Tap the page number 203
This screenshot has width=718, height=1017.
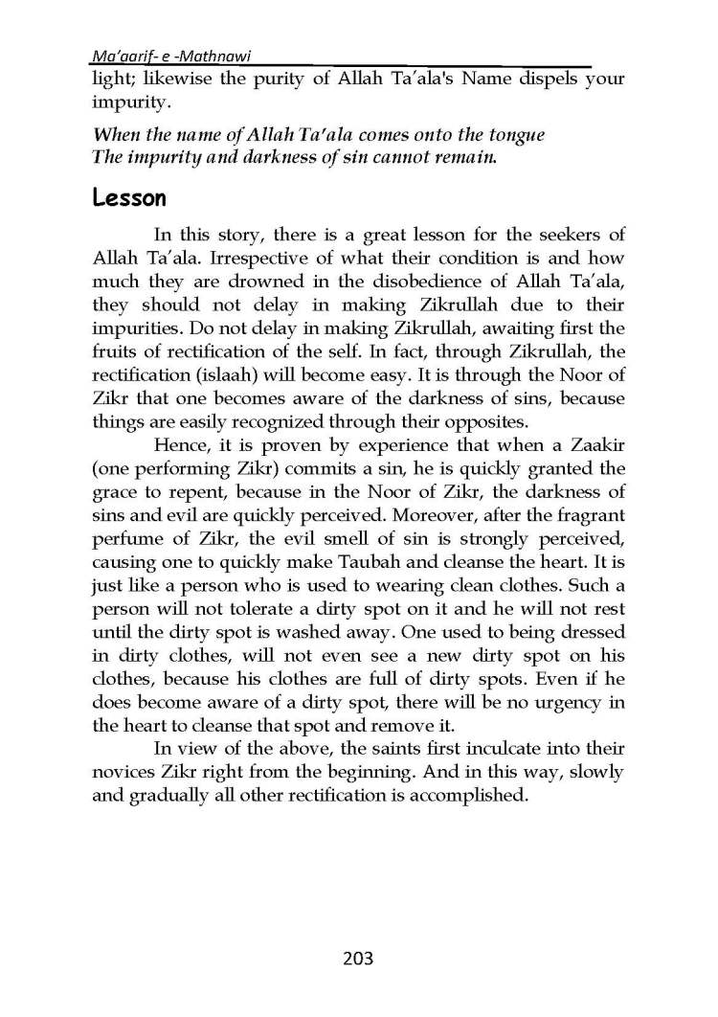click(356, 959)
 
